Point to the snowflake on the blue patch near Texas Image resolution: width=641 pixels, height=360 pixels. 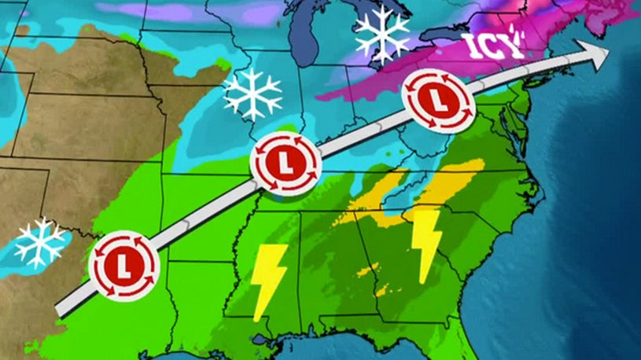click(39, 242)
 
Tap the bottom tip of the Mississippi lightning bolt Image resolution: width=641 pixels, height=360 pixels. click(257, 318)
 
